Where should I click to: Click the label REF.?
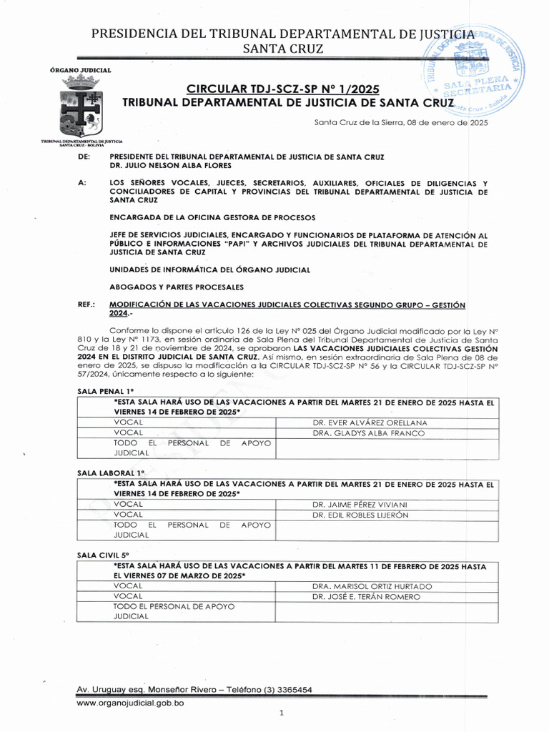point(86,305)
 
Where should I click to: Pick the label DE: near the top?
point(83,157)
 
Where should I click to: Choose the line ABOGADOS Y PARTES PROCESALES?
point(177,287)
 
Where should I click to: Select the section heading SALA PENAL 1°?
point(106,390)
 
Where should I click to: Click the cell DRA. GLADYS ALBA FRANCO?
point(368,433)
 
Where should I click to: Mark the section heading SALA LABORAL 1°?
point(111,473)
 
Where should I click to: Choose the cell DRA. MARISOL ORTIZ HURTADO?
point(372,586)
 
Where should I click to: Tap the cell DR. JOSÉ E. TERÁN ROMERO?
point(366,597)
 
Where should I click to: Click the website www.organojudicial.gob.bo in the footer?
point(131,703)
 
